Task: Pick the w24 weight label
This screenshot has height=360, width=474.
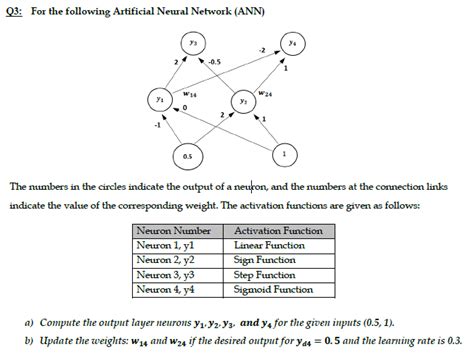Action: (x=263, y=95)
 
